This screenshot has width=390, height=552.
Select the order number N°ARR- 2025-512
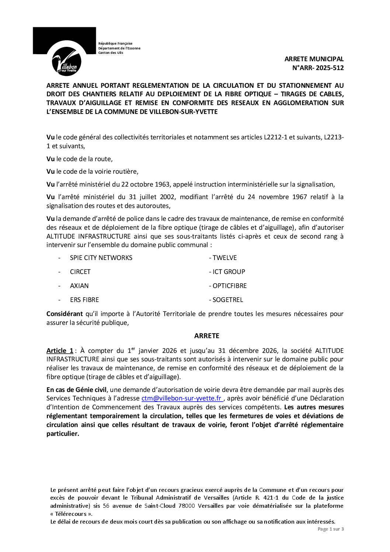click(x=318, y=67)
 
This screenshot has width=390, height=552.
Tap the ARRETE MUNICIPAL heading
click(x=314, y=59)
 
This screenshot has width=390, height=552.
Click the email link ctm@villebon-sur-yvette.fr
click(x=182, y=399)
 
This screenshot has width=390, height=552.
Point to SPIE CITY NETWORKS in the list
click(x=101, y=258)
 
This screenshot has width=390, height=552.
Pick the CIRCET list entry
click(x=80, y=272)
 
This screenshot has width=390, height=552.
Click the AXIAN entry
click(x=79, y=286)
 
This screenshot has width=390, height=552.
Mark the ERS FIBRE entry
click(x=84, y=300)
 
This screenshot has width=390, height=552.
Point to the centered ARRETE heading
click(x=207, y=336)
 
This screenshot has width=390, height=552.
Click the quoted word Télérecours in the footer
click(x=72, y=514)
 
